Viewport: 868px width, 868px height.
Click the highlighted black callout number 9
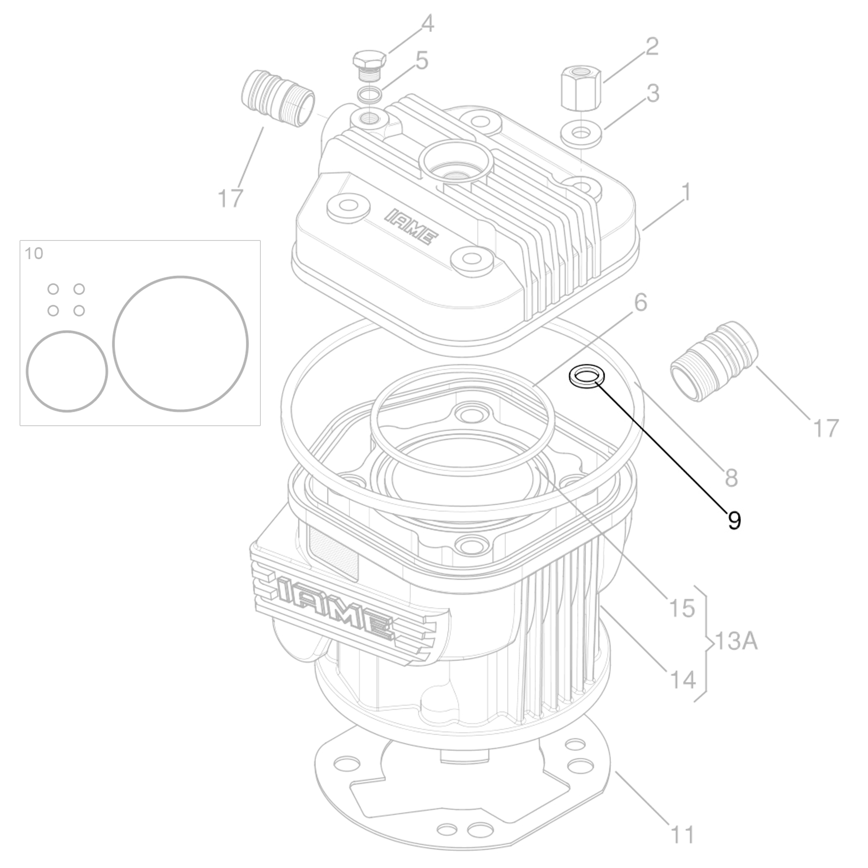(x=734, y=520)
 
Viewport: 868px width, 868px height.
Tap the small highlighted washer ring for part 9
(x=586, y=376)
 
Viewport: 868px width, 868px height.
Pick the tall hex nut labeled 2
(x=581, y=88)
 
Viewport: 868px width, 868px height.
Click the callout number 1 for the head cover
(x=686, y=192)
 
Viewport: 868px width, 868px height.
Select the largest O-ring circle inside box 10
(x=180, y=344)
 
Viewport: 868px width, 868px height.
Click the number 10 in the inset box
(x=34, y=253)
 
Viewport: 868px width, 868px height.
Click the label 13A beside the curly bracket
(x=736, y=642)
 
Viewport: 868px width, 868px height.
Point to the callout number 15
(x=682, y=608)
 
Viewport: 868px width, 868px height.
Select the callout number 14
(x=682, y=680)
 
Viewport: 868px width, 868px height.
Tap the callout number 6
(x=641, y=302)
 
